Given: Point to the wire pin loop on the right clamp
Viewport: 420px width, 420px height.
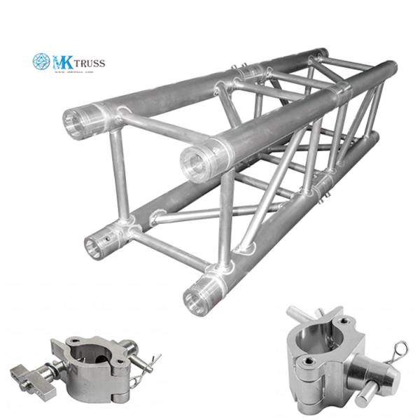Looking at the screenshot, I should [x=400, y=350].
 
